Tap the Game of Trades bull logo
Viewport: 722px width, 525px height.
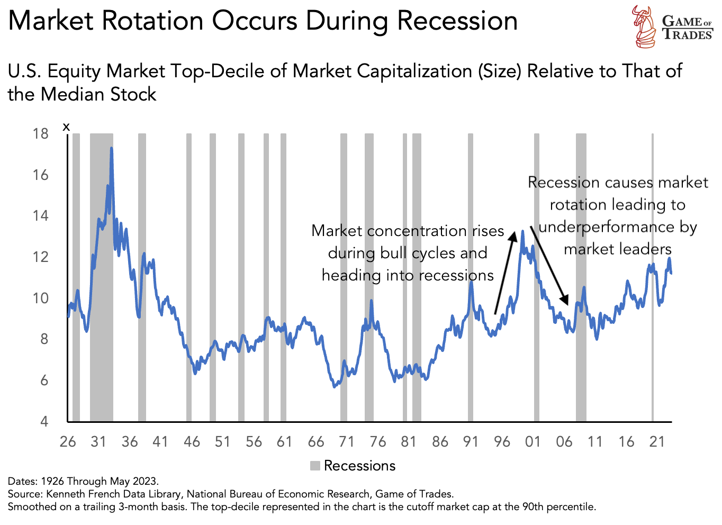(645, 26)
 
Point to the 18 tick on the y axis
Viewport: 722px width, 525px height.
(40, 133)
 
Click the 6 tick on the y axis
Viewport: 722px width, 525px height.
(44, 381)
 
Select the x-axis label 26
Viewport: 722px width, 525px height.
(68, 442)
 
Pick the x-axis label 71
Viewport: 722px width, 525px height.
(346, 442)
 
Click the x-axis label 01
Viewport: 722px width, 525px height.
(533, 442)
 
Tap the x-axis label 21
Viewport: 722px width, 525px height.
(656, 442)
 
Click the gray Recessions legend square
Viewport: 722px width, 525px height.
(315, 466)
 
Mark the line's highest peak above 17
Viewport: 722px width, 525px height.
(111, 149)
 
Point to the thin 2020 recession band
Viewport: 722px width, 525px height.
(652, 275)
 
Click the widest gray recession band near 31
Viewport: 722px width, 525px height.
(101, 275)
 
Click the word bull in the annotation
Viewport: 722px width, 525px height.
(394, 253)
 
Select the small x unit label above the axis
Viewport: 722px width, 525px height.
(66, 126)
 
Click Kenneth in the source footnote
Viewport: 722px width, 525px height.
(65, 494)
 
